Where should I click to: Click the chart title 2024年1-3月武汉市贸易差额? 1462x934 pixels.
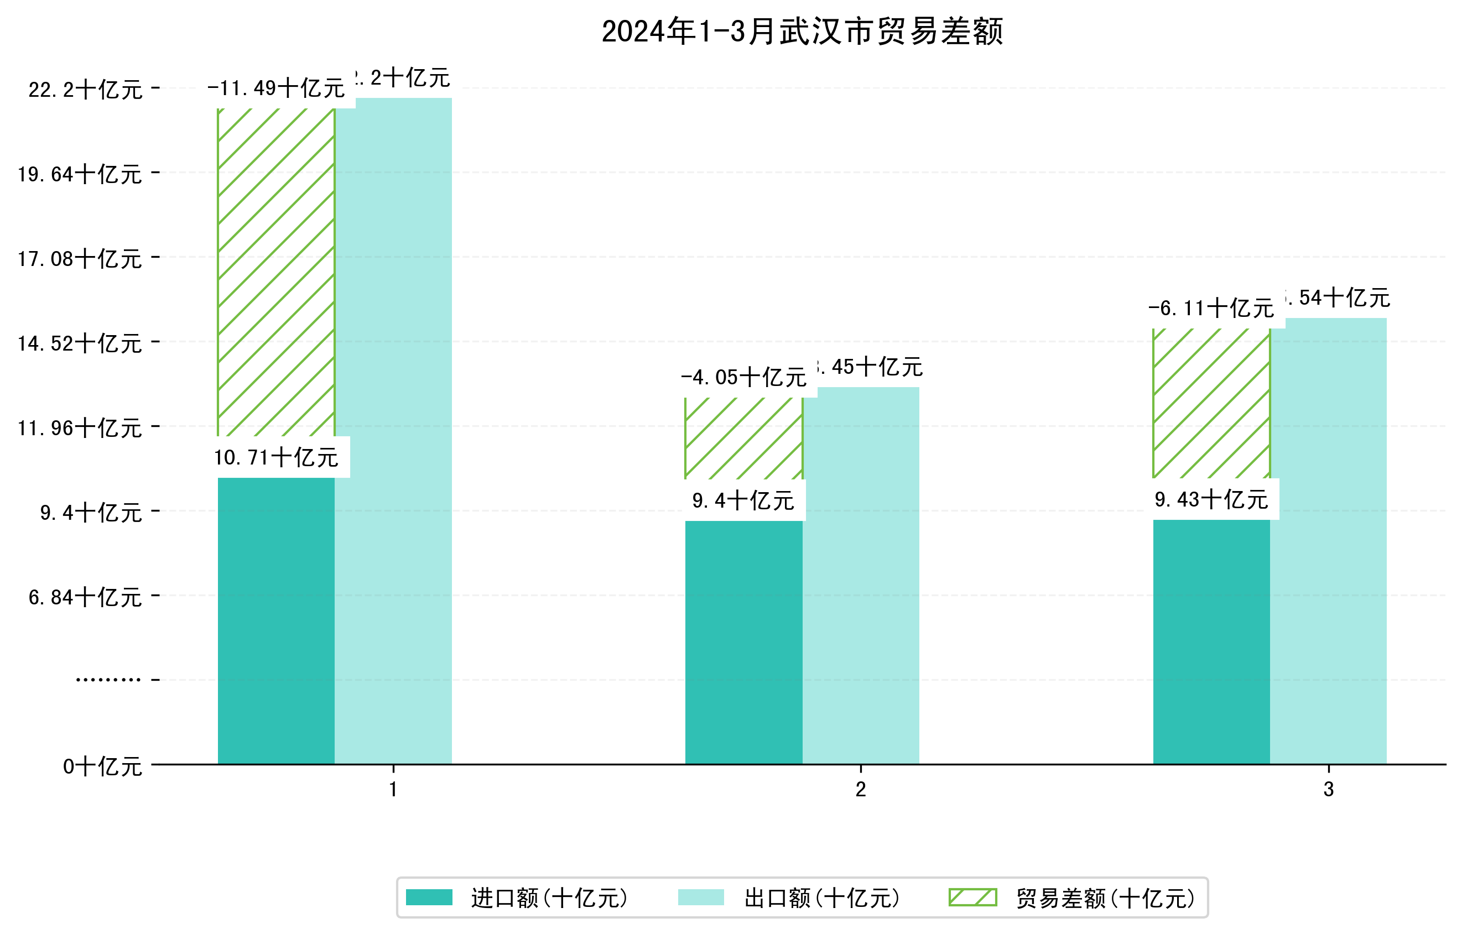[802, 32]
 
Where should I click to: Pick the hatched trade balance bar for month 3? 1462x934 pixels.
[1211, 404]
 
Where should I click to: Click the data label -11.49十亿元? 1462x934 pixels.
[276, 88]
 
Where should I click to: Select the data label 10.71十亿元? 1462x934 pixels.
[276, 457]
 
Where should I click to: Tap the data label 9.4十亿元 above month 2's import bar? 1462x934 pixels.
[743, 500]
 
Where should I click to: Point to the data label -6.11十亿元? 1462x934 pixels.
[1211, 309]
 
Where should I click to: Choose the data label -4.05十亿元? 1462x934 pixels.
[743, 378]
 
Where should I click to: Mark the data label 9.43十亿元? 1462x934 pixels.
[1211, 499]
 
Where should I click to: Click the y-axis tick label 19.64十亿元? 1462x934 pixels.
[80, 175]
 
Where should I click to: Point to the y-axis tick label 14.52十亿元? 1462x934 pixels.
[80, 344]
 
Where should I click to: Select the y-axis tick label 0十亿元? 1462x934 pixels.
[102, 766]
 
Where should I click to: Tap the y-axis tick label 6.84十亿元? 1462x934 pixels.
[85, 598]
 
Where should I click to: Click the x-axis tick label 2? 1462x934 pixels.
[860, 790]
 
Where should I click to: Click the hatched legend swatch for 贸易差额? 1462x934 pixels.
[972, 898]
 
